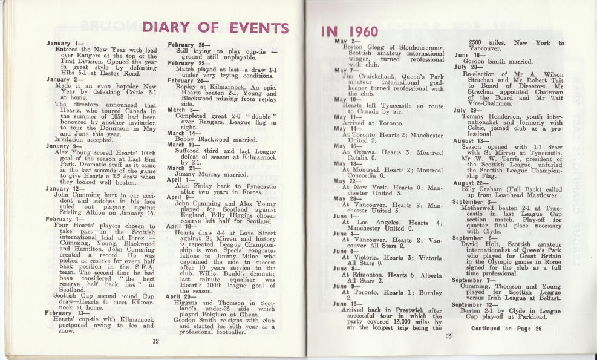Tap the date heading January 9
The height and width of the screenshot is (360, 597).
(65, 146)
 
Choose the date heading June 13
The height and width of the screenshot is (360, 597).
(348, 303)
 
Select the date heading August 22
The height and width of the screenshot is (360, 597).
(471, 183)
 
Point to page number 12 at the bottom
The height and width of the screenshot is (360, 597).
(155, 341)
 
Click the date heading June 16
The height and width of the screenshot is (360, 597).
(466, 54)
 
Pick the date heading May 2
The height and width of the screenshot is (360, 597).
(345, 41)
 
